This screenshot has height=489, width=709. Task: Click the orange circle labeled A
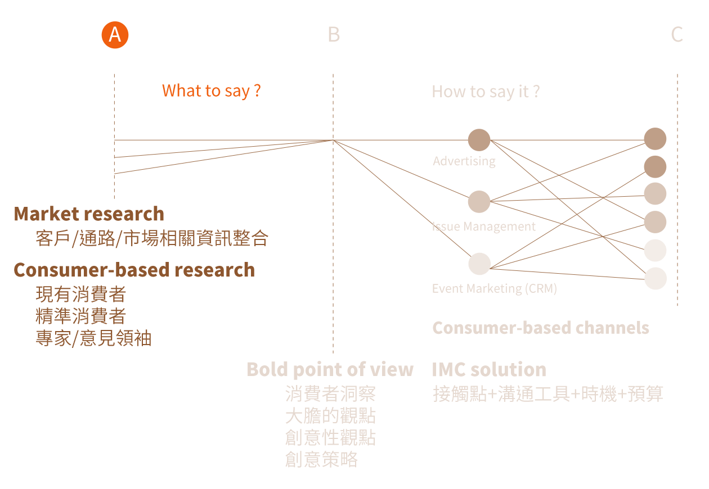tap(115, 35)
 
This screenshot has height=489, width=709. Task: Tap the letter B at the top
tap(334, 35)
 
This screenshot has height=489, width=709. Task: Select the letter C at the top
tap(677, 35)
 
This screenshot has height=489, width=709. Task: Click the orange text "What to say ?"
tap(211, 90)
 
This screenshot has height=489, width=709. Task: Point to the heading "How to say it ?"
tap(486, 92)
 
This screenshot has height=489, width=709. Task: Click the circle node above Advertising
tap(479, 140)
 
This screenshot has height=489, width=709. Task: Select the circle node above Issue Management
tap(479, 202)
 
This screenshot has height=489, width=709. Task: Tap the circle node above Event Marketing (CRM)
tap(479, 264)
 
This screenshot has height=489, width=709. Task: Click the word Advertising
tap(464, 161)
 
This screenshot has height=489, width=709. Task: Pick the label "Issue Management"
tap(484, 227)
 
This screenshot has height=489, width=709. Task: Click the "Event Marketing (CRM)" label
tap(494, 288)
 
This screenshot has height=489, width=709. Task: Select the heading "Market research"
tap(89, 214)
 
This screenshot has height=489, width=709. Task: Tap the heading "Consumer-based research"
tap(134, 270)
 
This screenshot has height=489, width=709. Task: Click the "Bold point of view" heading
tap(330, 369)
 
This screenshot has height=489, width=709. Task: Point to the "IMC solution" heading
tap(489, 369)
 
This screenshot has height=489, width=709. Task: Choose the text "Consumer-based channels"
tap(540, 328)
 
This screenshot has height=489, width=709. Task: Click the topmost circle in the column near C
tap(655, 139)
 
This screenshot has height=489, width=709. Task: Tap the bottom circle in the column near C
tap(655, 278)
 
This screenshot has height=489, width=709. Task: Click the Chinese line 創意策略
tap(321, 460)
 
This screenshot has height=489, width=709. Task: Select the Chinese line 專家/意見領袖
tap(93, 338)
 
